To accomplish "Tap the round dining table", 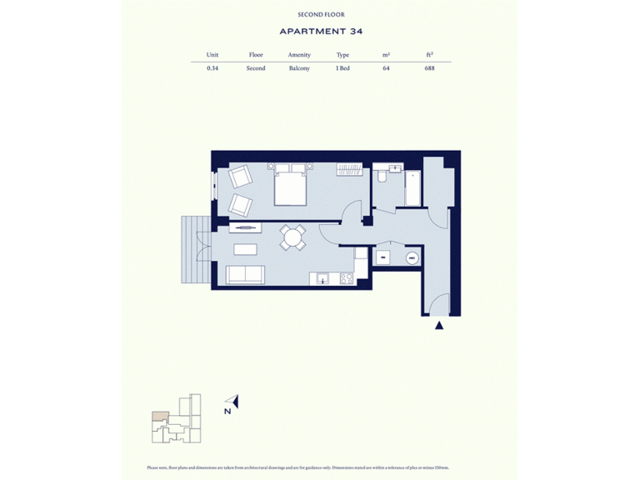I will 292,238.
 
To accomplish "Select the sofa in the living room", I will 246,274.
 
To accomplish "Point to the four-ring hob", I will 345,279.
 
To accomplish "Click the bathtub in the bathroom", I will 412,188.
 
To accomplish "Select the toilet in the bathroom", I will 381,176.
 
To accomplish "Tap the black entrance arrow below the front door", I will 439,326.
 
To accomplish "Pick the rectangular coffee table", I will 245,249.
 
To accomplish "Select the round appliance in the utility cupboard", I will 411,258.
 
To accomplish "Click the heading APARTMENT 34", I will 321,32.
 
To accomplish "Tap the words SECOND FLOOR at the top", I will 321,14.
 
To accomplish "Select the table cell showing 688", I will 429,68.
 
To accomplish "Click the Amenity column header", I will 299,55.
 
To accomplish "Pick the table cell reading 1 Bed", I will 342,68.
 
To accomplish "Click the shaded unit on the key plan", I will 158,416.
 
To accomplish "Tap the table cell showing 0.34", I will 212,68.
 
